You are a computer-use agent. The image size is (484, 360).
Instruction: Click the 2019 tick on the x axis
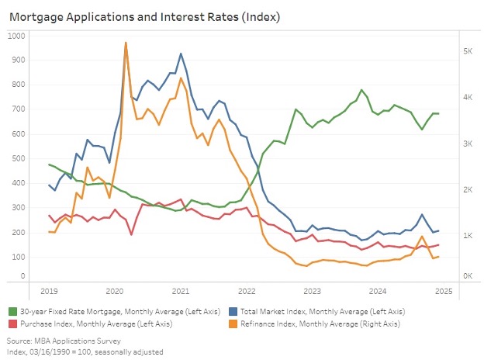coord(48,291)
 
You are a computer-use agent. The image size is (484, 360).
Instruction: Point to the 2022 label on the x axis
coord(247,291)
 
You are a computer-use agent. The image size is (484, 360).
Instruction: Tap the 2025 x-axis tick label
coord(444,291)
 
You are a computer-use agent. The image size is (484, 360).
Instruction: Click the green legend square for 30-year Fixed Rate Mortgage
coord(13,311)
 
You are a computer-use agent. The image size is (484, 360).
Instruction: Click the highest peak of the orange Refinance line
coord(126,43)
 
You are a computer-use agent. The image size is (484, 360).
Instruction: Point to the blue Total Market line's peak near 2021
coord(181,54)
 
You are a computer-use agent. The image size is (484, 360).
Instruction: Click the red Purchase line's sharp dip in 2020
coord(131,234)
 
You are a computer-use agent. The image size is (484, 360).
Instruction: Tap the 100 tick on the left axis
coord(16,257)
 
